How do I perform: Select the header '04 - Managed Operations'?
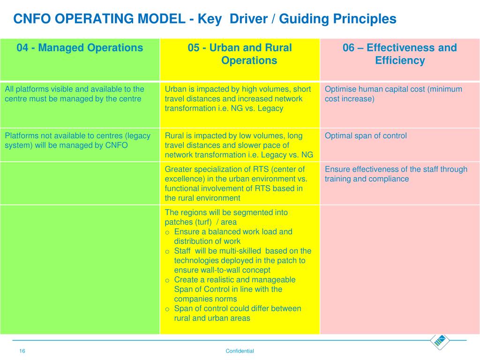click(x=80, y=48)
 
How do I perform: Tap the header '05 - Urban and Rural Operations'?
click(x=240, y=54)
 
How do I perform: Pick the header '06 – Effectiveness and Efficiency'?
click(x=400, y=54)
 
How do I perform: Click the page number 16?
click(x=22, y=351)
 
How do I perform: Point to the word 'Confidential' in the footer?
click(x=240, y=351)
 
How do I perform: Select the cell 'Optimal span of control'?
click(x=366, y=136)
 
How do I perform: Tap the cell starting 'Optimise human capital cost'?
click(x=393, y=94)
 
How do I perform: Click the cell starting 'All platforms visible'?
click(x=75, y=94)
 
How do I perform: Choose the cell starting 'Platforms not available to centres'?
click(x=77, y=141)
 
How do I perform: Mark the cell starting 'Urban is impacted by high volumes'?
click(x=238, y=98)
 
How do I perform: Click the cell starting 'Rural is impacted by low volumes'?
click(x=239, y=145)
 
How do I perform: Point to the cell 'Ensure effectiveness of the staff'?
click(x=396, y=174)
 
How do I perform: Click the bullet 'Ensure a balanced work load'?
click(x=233, y=236)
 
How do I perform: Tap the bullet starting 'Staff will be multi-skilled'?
click(x=242, y=260)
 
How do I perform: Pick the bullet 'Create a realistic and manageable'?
click(x=234, y=289)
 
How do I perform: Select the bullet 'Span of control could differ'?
click(x=237, y=313)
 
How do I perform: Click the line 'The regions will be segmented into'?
click(x=226, y=212)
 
